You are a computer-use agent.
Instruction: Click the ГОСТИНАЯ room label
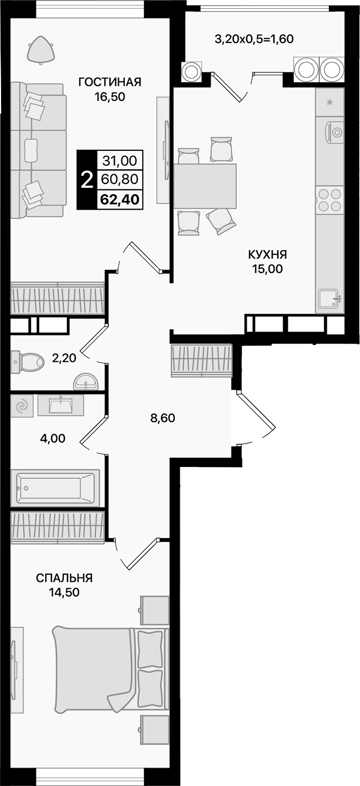[109, 82]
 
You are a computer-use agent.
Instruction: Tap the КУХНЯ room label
[267, 254]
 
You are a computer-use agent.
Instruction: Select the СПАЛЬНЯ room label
[64, 578]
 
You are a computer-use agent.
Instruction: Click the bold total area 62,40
[119, 199]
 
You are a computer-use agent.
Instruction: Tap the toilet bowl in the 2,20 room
[28, 361]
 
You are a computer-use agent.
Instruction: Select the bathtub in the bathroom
[54, 487]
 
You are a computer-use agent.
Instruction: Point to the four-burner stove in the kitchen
[330, 199]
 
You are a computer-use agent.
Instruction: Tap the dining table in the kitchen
[205, 186]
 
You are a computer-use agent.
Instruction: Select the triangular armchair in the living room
[42, 48]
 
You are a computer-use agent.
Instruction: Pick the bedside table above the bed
[155, 610]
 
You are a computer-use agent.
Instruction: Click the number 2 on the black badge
[86, 180]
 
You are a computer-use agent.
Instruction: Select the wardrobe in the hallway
[202, 360]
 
